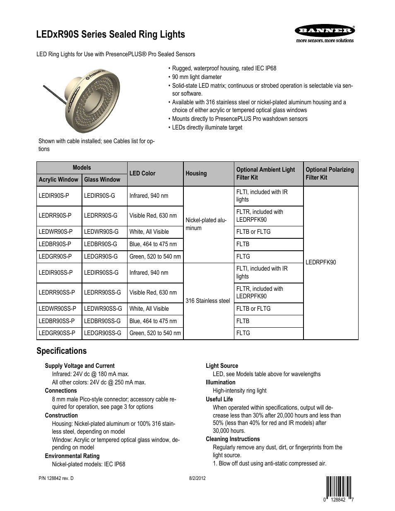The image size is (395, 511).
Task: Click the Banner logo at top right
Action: pyautogui.click(x=324, y=31)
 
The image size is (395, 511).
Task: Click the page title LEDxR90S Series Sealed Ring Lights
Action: pyautogui.click(x=111, y=35)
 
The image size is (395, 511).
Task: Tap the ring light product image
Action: pyautogui.click(x=93, y=97)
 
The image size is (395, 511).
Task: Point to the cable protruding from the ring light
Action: pyautogui.click(x=53, y=93)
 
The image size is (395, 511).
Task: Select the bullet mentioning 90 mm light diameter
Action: pyautogui.click(x=197, y=77)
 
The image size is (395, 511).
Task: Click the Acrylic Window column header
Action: pyautogui.click(x=58, y=180)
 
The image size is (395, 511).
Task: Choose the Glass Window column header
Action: pyautogui.click(x=102, y=180)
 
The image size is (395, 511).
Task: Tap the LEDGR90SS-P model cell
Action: pyautogui.click(x=57, y=333)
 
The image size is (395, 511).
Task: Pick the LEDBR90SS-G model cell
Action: pyautogui.click(x=103, y=321)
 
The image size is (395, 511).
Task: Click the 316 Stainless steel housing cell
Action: pyautogui.click(x=207, y=301)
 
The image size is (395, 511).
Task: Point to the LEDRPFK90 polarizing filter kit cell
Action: pyautogui.click(x=321, y=262)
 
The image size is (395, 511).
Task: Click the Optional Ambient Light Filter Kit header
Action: pyautogui.click(x=265, y=173)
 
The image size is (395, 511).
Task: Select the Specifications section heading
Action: pyautogui.click(x=62, y=351)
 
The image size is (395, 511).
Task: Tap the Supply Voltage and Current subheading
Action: pyautogui.click(x=79, y=366)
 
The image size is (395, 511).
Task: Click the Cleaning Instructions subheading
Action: pyautogui.click(x=233, y=439)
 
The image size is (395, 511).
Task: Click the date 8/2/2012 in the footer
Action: pyautogui.click(x=197, y=478)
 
